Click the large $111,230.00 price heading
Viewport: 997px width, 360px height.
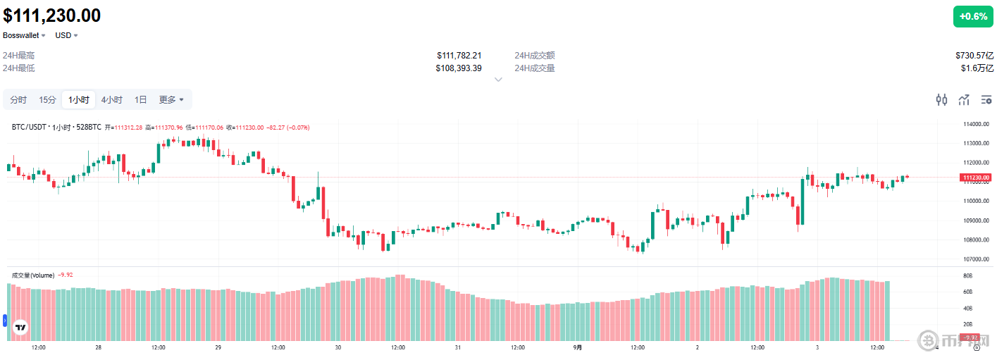point(52,15)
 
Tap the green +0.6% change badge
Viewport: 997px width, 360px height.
point(973,16)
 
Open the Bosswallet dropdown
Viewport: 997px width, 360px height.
point(24,35)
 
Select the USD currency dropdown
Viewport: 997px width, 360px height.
point(66,35)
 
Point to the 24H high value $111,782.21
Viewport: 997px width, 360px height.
point(459,56)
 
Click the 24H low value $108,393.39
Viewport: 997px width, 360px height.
point(459,68)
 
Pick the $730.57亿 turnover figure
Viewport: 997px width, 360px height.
point(974,56)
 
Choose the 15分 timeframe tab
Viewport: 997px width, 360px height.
point(48,100)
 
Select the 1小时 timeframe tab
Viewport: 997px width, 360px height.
point(78,100)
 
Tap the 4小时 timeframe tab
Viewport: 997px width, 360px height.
point(111,100)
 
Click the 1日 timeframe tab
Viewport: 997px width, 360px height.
point(141,100)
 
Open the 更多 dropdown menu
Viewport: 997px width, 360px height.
point(171,100)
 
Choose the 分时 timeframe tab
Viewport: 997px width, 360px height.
point(18,100)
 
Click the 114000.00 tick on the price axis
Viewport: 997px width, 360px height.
point(976,125)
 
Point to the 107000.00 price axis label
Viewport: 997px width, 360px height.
point(976,259)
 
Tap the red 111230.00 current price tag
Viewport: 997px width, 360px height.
point(976,178)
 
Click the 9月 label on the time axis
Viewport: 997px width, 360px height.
point(578,347)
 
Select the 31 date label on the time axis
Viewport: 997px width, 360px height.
point(458,347)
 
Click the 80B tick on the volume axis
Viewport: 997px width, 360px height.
point(968,275)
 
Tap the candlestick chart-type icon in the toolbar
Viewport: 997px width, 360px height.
point(941,100)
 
